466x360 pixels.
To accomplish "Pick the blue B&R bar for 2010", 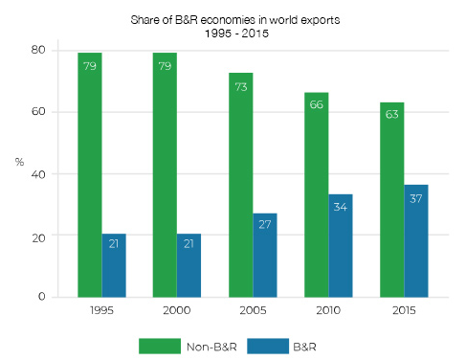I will [340, 245].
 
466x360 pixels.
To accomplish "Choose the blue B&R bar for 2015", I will [415, 240].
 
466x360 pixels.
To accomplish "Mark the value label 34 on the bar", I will [340, 210].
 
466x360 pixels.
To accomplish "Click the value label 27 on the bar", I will [265, 230].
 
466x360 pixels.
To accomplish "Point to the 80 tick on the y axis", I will [39, 50].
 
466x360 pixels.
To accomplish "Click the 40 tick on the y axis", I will [39, 173].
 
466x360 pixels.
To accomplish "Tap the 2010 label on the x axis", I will [327, 312].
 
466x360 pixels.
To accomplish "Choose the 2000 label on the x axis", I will [177, 312].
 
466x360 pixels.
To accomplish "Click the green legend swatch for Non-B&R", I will [153, 343].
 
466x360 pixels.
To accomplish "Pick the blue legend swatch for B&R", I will [256, 343].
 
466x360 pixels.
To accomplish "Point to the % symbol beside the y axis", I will [19, 162].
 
